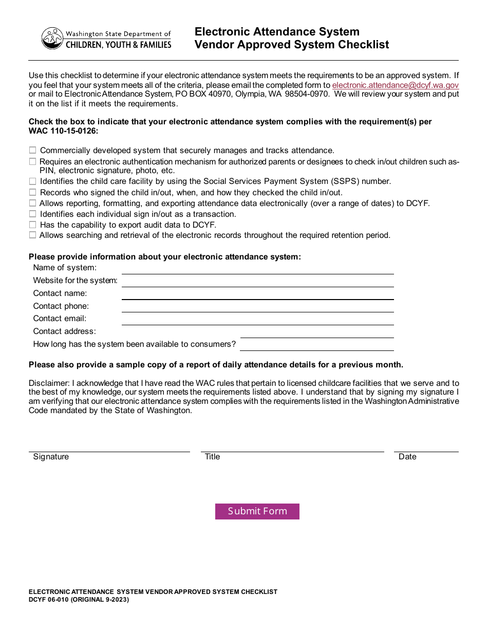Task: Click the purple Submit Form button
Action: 257,511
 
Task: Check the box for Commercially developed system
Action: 33,151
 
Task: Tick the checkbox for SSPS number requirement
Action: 33,181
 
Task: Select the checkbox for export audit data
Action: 33,225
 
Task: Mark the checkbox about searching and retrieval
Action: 33,235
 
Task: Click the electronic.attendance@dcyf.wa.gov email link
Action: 395,85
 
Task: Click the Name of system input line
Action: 257,268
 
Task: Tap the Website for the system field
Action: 257,281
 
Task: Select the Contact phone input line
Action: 257,306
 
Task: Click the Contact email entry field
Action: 257,319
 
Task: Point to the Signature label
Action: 51,457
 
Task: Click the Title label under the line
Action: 212,457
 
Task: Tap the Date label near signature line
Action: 407,457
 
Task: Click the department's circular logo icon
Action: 52,39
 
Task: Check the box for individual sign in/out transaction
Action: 33,214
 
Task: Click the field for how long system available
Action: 316,345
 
